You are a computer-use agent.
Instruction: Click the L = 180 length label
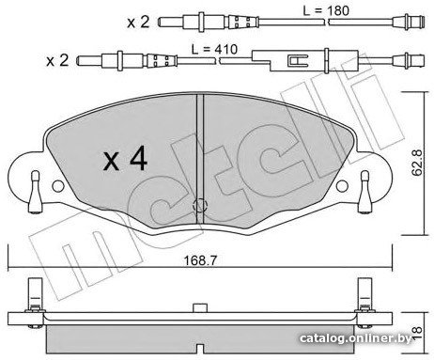[x=326, y=10]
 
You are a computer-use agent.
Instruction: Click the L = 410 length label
[x=214, y=49]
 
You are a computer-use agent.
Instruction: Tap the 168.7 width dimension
[x=200, y=260]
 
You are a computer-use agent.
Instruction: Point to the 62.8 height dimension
[x=418, y=163]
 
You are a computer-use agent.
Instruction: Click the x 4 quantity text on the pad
[x=125, y=159]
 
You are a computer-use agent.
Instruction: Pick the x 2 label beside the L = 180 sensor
[x=138, y=23]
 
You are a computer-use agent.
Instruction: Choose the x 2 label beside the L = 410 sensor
[x=57, y=60]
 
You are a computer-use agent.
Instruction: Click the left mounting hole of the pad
[x=58, y=186]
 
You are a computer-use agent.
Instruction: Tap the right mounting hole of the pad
[x=342, y=186]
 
